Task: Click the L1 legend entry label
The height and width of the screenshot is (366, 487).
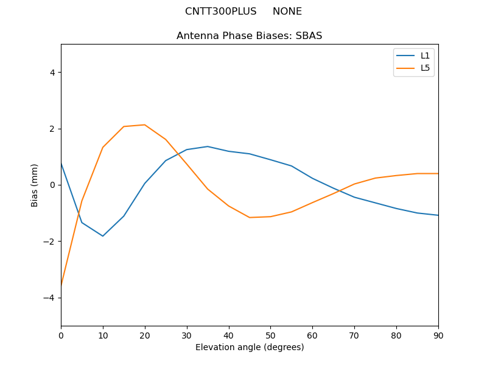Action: (426, 56)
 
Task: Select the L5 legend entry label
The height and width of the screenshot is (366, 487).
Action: (426, 68)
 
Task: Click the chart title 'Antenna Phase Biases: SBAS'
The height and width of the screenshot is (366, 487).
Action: (249, 36)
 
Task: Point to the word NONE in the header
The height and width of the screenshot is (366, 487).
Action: (287, 12)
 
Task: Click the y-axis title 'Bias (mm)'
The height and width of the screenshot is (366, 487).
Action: (35, 185)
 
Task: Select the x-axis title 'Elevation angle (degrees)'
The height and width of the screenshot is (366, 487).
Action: (250, 348)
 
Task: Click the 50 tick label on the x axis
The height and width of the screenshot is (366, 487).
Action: (270, 335)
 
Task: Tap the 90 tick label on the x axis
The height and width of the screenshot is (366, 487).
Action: (438, 335)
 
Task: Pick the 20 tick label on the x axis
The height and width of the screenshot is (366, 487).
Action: (145, 335)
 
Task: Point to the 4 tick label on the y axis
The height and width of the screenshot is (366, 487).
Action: (52, 73)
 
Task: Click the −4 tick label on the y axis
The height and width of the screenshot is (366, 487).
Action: (50, 298)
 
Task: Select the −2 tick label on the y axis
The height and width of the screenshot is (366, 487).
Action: (50, 242)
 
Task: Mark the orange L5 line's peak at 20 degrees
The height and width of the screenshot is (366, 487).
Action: (145, 125)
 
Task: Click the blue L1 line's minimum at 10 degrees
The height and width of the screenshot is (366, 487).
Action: (103, 236)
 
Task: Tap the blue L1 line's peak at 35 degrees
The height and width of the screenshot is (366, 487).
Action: (208, 146)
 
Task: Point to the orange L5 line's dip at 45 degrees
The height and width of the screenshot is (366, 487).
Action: (250, 218)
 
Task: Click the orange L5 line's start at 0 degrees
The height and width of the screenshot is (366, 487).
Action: (61, 284)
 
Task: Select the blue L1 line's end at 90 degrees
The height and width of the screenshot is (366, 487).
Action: (438, 215)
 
